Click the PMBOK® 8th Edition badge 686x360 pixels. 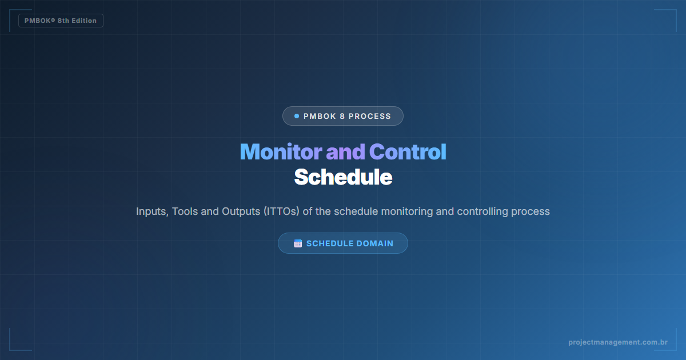61,21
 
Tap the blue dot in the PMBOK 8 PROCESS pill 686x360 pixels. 297,116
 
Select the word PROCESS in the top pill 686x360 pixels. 370,116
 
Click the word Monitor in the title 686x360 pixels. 280,152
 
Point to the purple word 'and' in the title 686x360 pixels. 345,152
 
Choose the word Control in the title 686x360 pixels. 408,152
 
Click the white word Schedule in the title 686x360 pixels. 343,177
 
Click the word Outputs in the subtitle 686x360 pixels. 240,211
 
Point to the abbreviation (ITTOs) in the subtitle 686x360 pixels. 282,211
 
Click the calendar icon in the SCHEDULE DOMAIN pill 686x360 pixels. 298,243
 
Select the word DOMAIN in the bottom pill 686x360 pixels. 375,243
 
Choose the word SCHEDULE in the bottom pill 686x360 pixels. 330,243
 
